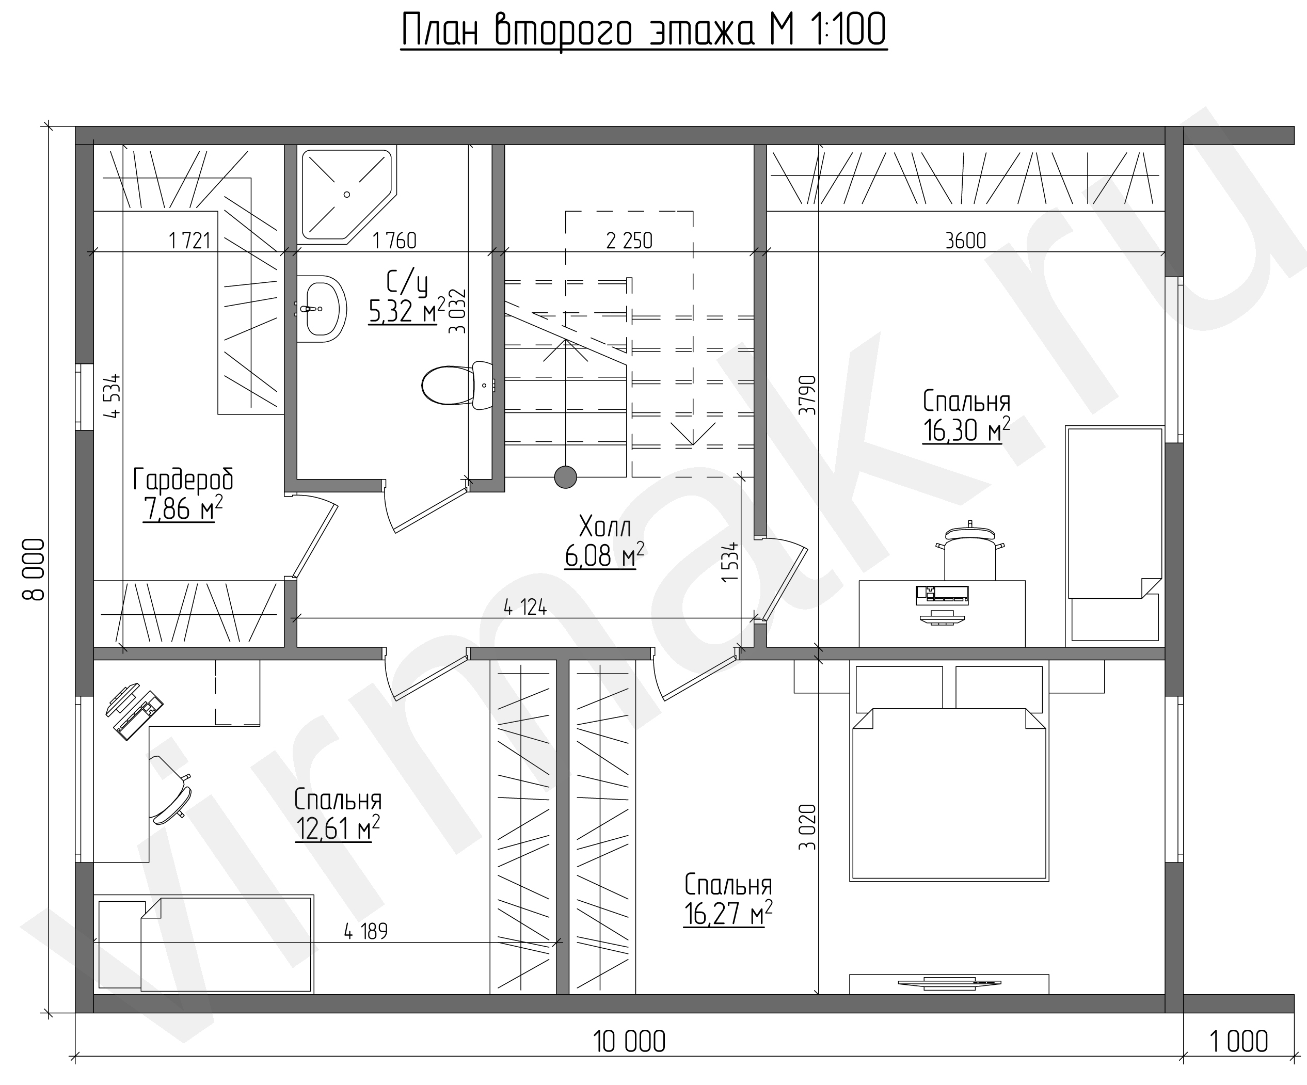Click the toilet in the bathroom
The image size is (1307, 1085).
457,385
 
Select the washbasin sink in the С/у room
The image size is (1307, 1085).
321,309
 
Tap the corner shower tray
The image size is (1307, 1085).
347,194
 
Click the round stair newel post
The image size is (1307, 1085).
565,477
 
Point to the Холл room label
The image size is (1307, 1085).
604,527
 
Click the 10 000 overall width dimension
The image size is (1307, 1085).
629,1042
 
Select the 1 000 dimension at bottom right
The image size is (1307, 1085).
1238,1042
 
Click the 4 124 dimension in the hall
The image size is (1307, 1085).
525,607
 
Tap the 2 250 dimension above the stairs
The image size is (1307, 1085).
629,241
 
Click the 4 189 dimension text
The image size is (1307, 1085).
366,931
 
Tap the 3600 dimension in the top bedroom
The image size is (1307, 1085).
965,241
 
